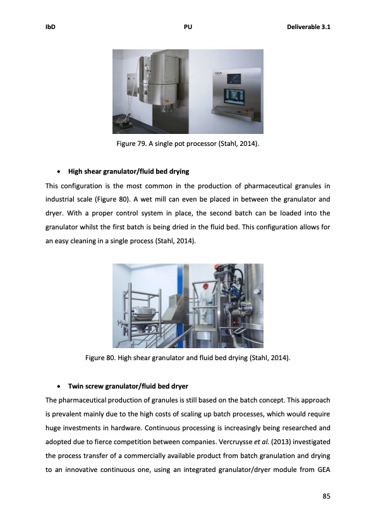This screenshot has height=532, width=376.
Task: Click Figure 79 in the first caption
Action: pos(131,144)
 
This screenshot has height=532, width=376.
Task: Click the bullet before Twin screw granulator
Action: pos(59,385)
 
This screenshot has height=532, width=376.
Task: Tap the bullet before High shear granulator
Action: pos(59,171)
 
